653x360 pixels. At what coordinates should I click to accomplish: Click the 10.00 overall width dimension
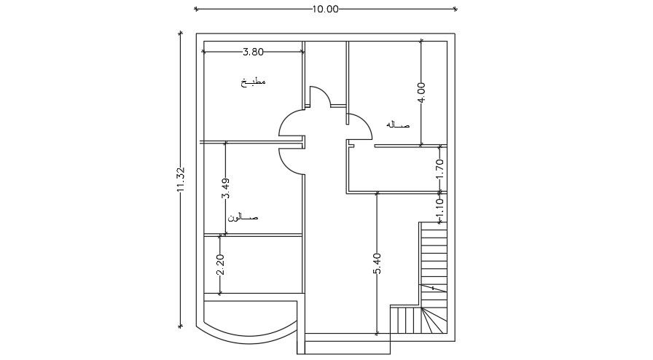pyautogui.click(x=325, y=9)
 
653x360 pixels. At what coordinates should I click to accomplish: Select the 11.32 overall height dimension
pyautogui.click(x=181, y=179)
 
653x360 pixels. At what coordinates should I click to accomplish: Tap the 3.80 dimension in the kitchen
pyautogui.click(x=253, y=52)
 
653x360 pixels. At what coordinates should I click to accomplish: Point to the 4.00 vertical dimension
pyautogui.click(x=421, y=93)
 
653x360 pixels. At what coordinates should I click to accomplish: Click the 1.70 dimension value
pyautogui.click(x=439, y=169)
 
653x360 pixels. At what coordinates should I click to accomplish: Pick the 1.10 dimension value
pyautogui.click(x=439, y=209)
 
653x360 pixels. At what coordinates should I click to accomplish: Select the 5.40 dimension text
pyautogui.click(x=377, y=263)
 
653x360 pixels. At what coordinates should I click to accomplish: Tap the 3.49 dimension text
pyautogui.click(x=226, y=189)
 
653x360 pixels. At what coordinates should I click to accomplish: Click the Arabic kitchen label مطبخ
pyautogui.click(x=254, y=82)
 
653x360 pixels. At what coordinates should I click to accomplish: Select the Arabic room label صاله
pyautogui.click(x=398, y=125)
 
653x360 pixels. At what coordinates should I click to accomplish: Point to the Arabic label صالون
pyautogui.click(x=243, y=217)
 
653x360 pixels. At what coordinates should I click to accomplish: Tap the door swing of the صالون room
pyautogui.click(x=292, y=159)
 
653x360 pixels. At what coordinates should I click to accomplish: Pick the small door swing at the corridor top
pyautogui.click(x=319, y=96)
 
